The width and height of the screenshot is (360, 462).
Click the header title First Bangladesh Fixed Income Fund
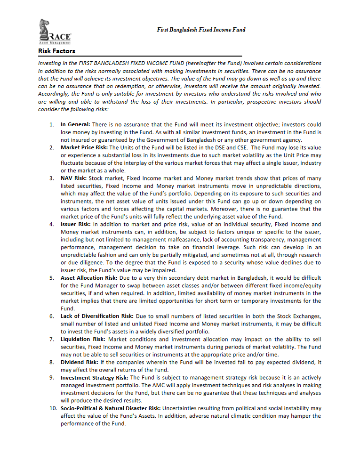pos(201,30)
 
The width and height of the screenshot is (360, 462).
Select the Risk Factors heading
pos(56,51)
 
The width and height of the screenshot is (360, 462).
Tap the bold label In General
pos(75,125)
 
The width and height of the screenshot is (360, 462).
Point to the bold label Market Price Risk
pos(84,147)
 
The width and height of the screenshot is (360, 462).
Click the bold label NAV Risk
pos(73,178)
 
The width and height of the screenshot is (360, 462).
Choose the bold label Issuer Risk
pos(75,224)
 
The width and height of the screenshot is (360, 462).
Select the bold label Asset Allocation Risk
pos(89,278)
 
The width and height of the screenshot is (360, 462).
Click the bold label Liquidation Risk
pos(82,339)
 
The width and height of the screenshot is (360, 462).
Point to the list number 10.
pos(53,408)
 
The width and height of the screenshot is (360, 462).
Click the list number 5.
pos(52,278)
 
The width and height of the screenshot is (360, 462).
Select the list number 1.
pos(52,125)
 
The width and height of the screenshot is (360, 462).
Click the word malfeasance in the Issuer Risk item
pos(182,239)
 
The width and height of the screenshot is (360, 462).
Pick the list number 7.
pos(52,339)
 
